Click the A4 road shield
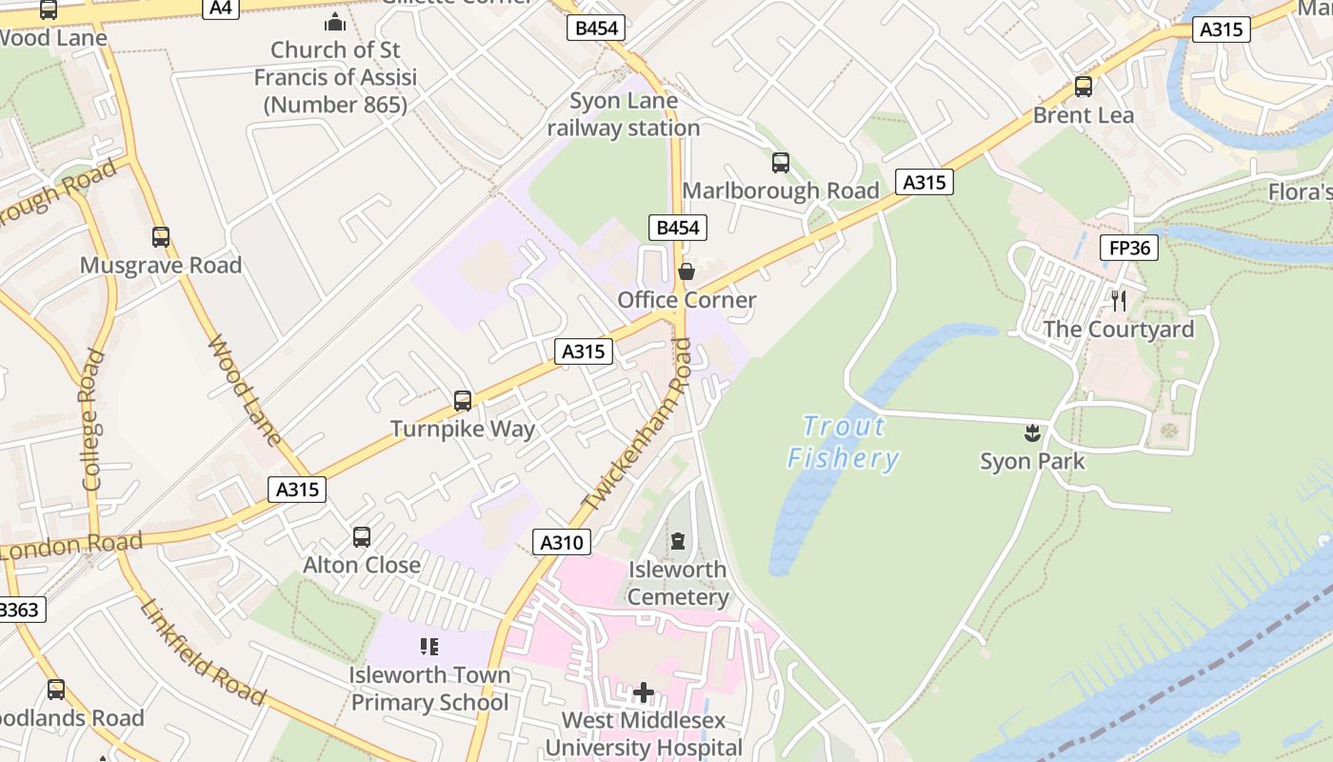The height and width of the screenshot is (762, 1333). pyautogui.click(x=220, y=8)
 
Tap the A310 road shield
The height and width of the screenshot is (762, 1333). pyautogui.click(x=561, y=543)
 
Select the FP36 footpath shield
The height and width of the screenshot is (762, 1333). pyautogui.click(x=1129, y=249)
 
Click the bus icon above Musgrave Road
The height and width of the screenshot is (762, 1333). pyautogui.click(x=161, y=237)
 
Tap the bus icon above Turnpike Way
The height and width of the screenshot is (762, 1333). pyautogui.click(x=463, y=401)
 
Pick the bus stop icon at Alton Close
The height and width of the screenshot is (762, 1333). pyautogui.click(x=362, y=537)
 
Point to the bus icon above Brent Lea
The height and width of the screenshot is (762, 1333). pyautogui.click(x=1083, y=87)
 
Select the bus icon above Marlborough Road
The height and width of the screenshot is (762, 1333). pyautogui.click(x=781, y=163)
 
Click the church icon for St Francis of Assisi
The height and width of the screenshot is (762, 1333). pyautogui.click(x=335, y=21)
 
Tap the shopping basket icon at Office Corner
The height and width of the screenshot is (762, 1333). pyautogui.click(x=686, y=272)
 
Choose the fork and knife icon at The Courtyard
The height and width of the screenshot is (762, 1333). pyautogui.click(x=1119, y=301)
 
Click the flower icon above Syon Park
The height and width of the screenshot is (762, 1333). pyautogui.click(x=1031, y=433)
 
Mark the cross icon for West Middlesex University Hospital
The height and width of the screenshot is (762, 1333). pyautogui.click(x=644, y=692)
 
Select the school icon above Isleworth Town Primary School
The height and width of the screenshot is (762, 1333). pyautogui.click(x=428, y=647)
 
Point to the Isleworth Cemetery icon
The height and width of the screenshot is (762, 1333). pyautogui.click(x=677, y=541)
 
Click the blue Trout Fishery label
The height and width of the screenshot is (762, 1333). pyautogui.click(x=844, y=443)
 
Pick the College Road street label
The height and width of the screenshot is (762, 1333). pyautogui.click(x=92, y=419)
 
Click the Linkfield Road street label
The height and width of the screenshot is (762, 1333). pyautogui.click(x=202, y=652)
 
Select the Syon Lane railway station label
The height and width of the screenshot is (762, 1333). pyautogui.click(x=624, y=114)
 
